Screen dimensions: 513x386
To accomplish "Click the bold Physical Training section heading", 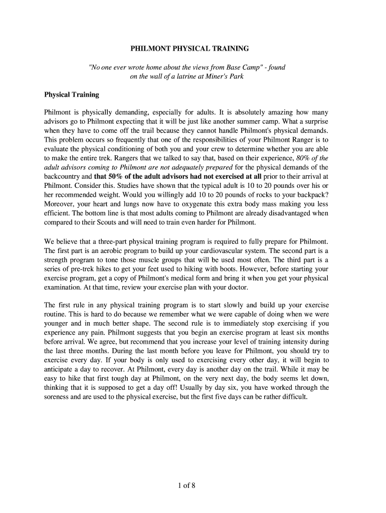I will [72, 95].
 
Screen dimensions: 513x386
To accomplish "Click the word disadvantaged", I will [287, 213].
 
